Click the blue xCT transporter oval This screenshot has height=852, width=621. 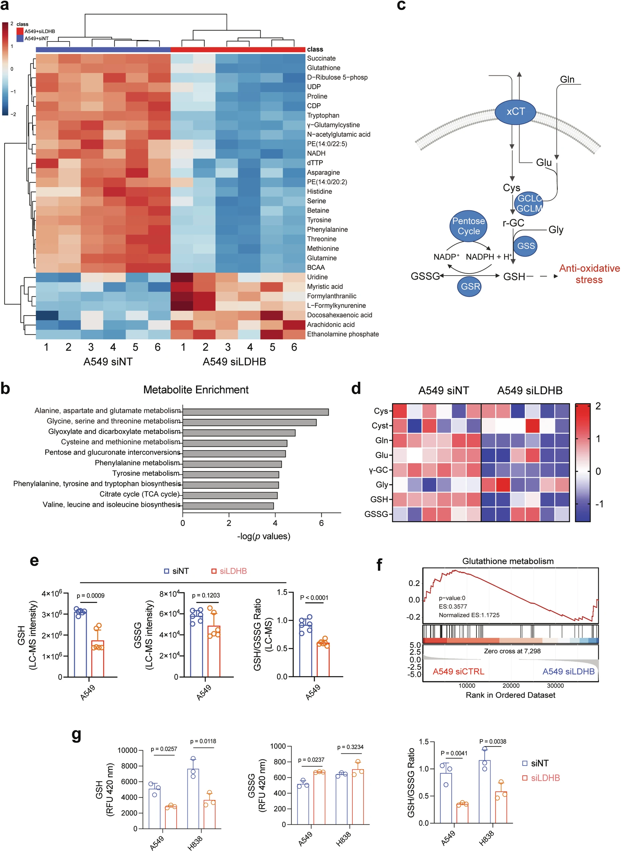coord(515,112)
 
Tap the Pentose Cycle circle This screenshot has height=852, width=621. coord(468,226)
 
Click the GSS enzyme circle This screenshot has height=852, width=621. coord(525,246)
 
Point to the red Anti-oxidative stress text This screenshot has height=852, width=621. coord(589,274)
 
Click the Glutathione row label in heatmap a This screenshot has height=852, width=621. coord(323,68)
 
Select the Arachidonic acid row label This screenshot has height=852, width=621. coord(330,324)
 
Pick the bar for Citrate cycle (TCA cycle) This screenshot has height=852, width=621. coord(230,495)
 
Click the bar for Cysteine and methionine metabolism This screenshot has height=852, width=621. coord(235,443)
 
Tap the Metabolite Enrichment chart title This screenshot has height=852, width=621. coord(196,390)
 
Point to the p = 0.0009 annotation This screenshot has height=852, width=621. coord(91,596)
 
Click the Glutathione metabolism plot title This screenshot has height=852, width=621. coord(507,561)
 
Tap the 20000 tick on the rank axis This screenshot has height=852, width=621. coord(511,685)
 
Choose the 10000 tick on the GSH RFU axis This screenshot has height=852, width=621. coord(127,750)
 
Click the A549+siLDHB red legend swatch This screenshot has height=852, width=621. coord(20,31)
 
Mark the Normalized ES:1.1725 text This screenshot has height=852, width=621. coord(469,615)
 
